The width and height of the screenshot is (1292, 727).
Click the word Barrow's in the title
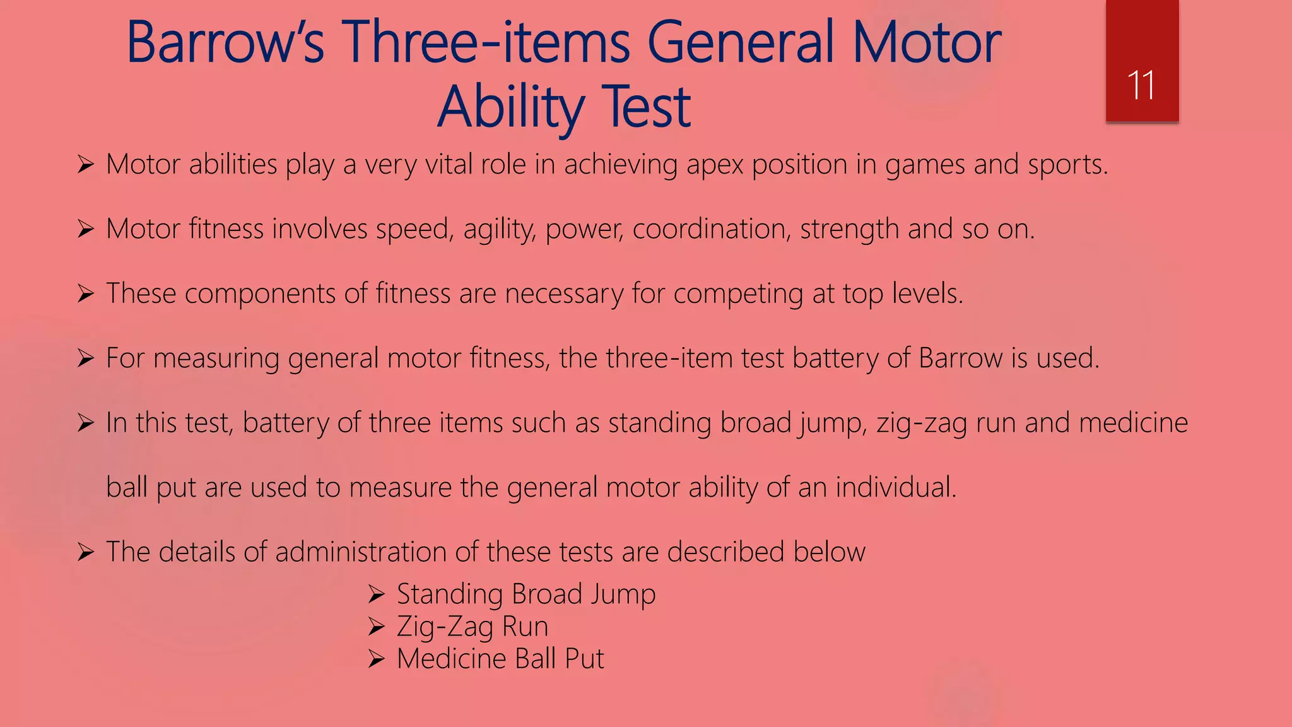pos(225,43)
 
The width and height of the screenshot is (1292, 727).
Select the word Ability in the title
pos(511,107)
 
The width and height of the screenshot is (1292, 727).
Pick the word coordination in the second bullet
pos(711,229)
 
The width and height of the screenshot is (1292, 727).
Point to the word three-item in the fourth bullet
pos(669,358)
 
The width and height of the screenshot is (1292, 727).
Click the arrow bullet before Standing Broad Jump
pos(377,594)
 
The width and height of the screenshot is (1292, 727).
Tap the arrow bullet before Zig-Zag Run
pos(377,627)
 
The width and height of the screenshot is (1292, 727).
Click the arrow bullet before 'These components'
pos(85,294)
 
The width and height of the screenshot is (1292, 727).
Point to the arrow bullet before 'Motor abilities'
pos(85,165)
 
